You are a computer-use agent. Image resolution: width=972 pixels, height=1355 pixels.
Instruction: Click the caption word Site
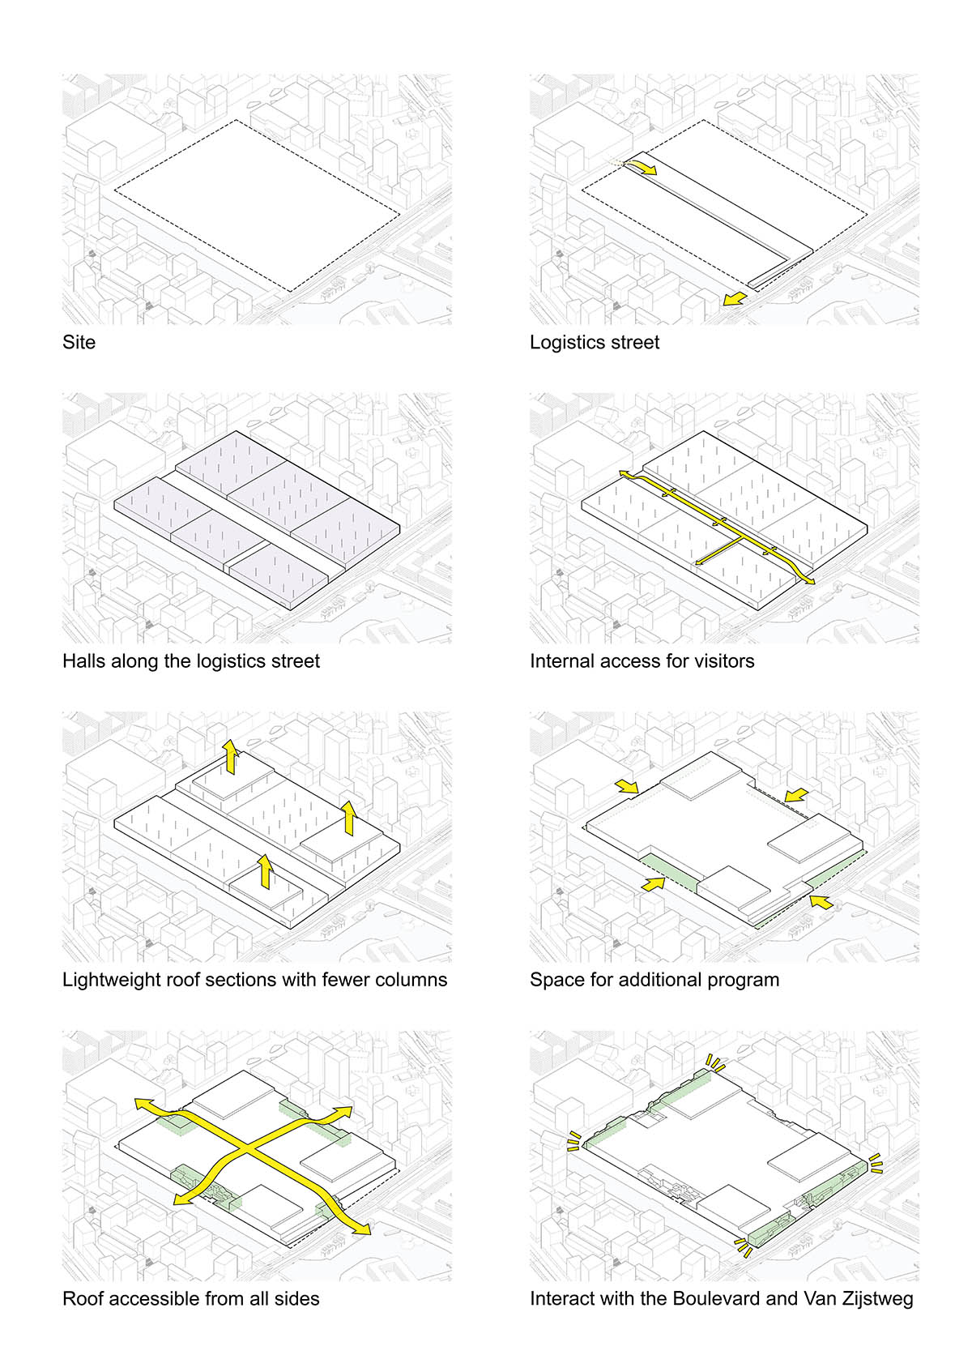79,342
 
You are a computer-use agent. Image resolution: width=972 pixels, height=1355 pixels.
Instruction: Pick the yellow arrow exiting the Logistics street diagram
734,299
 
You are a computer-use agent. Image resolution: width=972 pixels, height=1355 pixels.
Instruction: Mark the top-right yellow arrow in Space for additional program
795,793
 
